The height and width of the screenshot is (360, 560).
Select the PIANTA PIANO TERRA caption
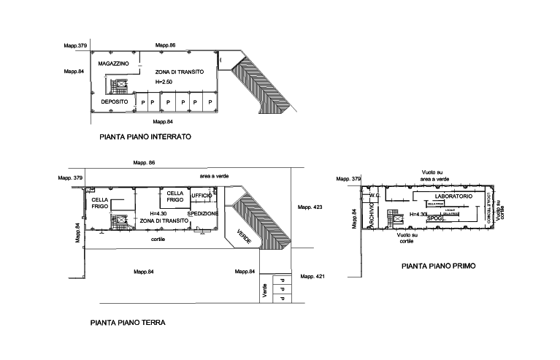(128, 321)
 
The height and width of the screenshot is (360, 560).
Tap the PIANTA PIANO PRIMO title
(438, 267)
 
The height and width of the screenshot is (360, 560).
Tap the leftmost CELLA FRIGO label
(100, 203)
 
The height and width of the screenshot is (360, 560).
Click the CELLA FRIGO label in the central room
(174, 196)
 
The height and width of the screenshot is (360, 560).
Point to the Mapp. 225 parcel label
(310, 208)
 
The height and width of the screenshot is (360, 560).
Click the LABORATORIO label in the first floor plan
(453, 197)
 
